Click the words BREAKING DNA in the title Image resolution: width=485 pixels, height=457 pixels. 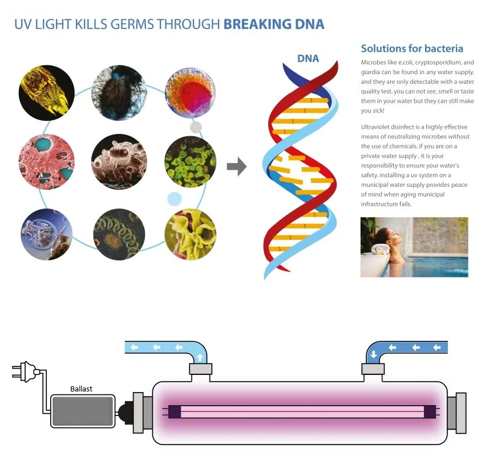coord(274,24)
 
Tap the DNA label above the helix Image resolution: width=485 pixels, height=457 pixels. coord(308,58)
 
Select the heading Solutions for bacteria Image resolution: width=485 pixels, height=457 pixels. coord(412,48)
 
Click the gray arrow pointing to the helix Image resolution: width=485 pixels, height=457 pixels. coord(236,167)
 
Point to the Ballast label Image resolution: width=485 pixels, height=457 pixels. coord(81,389)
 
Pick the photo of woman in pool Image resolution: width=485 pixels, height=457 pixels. coord(414,247)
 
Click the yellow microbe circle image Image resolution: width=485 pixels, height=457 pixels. coord(46,93)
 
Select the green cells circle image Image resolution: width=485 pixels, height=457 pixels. coord(190,161)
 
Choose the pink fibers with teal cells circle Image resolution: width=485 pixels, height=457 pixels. coord(46,161)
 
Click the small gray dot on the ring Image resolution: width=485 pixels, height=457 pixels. coord(196,127)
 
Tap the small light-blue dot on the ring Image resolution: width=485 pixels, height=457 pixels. coord(174,198)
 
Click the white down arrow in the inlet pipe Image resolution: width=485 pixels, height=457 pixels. coord(373,354)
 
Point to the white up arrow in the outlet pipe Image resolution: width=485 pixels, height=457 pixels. coord(200,356)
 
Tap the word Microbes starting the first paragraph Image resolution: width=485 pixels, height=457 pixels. coord(374,62)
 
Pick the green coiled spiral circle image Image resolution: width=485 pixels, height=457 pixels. coord(119,235)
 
